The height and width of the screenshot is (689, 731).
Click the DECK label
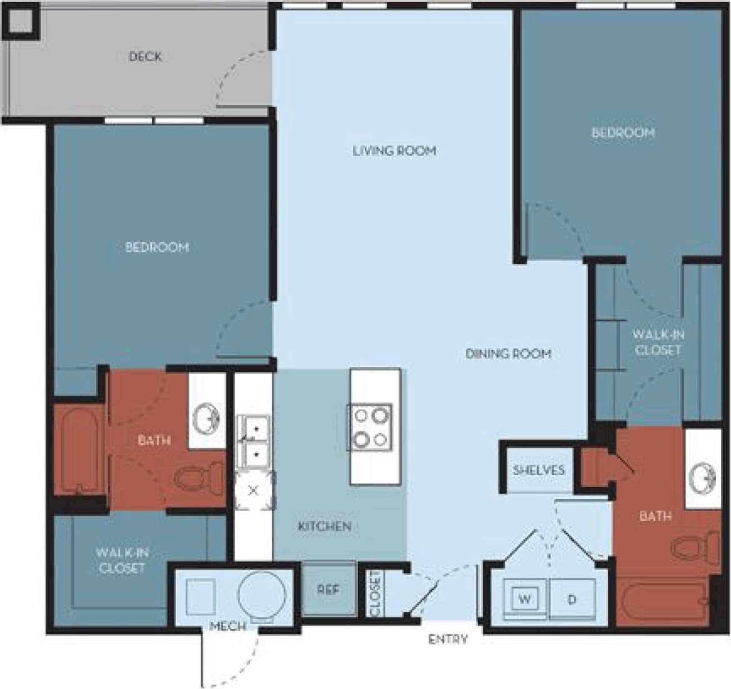[145, 57]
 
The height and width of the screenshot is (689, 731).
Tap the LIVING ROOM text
[394, 151]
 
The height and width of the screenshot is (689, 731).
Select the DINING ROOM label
[508, 354]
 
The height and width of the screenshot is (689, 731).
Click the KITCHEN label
[324, 526]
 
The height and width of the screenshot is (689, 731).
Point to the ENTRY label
[448, 639]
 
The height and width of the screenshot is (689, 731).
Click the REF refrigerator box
[329, 590]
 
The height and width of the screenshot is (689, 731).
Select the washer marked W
[525, 600]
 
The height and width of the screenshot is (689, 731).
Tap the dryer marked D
[571, 600]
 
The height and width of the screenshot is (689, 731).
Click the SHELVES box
[538, 470]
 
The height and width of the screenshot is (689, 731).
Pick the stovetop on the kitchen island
[371, 427]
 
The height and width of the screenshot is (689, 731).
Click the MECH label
[227, 626]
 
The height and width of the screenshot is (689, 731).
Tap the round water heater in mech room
[262, 596]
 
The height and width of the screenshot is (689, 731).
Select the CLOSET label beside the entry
[375, 593]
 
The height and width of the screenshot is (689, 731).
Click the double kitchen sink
[254, 441]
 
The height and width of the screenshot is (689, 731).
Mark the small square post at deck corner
[21, 23]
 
